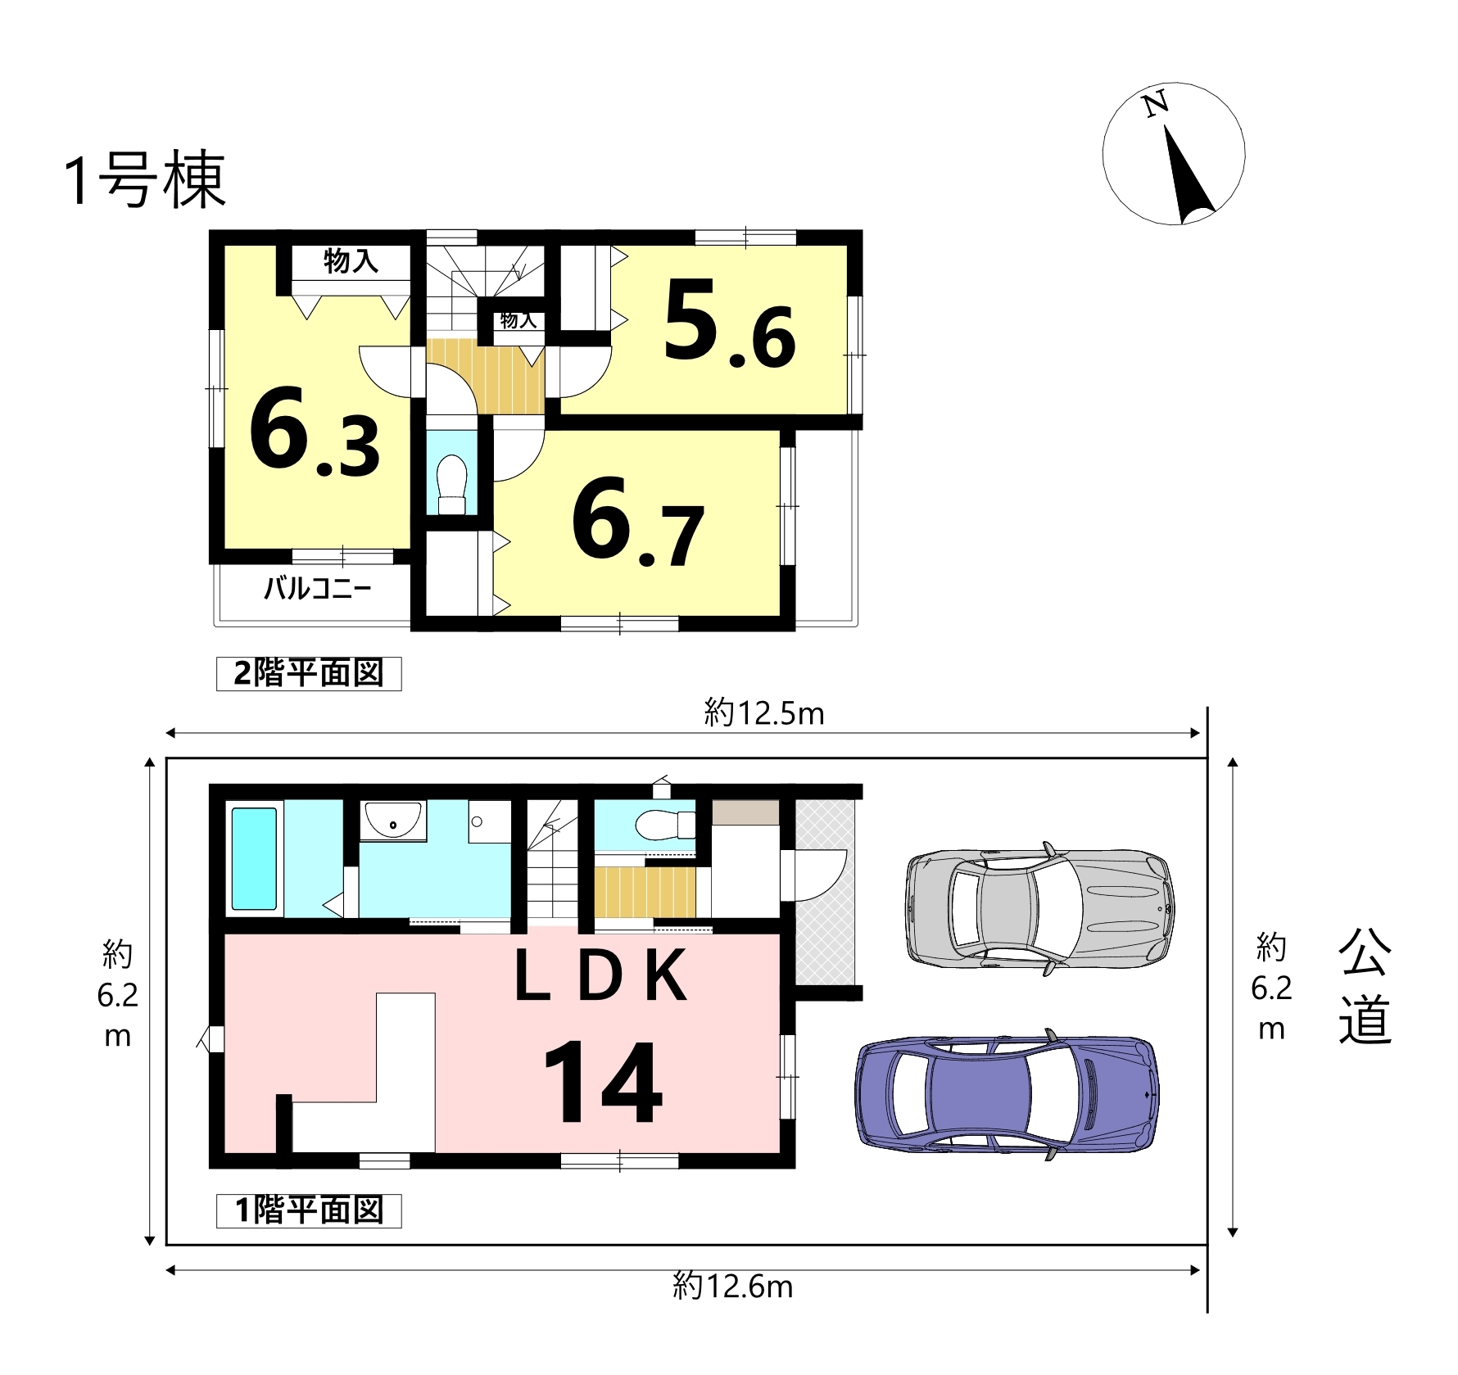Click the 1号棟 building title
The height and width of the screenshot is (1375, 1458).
pyautogui.click(x=144, y=182)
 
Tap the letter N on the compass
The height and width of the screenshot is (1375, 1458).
pyautogui.click(x=1156, y=105)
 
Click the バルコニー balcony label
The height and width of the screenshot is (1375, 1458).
pyautogui.click(x=317, y=589)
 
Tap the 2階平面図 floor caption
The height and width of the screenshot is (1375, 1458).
pyautogui.click(x=309, y=673)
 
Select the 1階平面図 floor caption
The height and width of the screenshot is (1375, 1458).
pyautogui.click(x=309, y=1210)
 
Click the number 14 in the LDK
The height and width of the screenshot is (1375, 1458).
pyautogui.click(x=602, y=1083)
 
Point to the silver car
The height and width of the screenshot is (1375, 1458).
pyautogui.click(x=1039, y=908)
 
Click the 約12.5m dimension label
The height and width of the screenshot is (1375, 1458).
pyautogui.click(x=764, y=713)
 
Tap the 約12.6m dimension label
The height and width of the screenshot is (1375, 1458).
pyautogui.click(x=733, y=1287)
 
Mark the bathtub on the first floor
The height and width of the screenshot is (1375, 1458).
pyautogui.click(x=254, y=859)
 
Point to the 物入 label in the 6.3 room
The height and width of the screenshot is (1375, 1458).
pyautogui.click(x=351, y=261)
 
